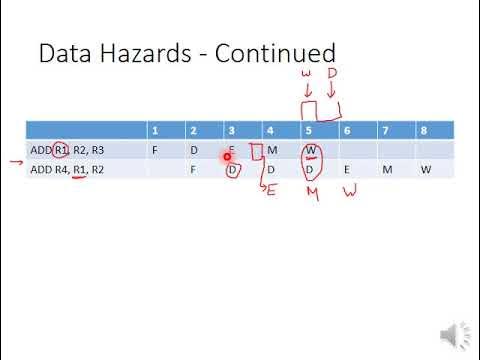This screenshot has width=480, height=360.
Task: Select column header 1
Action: point(154,130)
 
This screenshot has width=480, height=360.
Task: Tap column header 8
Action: point(425,130)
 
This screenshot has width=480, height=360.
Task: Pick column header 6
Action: point(347,130)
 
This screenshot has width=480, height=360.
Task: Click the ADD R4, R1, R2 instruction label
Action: point(68,169)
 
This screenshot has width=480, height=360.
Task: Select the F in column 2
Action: point(193,169)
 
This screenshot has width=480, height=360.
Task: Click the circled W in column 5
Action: point(311,151)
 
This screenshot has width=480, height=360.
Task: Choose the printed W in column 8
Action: point(425,169)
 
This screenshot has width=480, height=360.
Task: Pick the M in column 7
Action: point(386,169)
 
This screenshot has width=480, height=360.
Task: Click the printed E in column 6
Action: point(347,169)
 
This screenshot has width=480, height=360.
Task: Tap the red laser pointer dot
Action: point(228,156)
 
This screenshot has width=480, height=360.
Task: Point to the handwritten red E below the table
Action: point(270,190)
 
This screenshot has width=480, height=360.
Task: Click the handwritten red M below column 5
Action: point(311,191)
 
